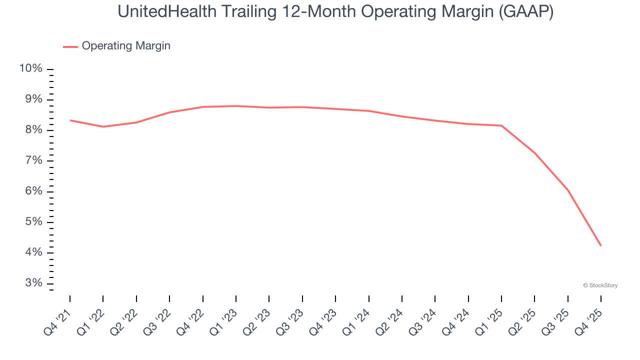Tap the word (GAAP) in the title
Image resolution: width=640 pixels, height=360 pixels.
(x=527, y=11)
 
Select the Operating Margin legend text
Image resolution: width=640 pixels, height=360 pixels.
(x=125, y=46)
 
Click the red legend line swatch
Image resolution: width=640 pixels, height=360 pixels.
(x=70, y=46)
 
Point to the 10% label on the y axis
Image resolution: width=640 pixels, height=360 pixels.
(x=30, y=68)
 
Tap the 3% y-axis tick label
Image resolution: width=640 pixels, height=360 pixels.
(x=32, y=283)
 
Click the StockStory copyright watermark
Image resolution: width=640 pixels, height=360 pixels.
(x=600, y=285)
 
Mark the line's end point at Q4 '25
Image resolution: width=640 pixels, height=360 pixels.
(x=600, y=245)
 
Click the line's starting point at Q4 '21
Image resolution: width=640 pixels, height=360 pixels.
(x=70, y=120)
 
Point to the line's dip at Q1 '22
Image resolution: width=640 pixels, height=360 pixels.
(x=103, y=126)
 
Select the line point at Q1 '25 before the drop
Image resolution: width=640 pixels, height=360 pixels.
(x=501, y=125)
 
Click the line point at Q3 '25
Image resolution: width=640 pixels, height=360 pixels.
(x=567, y=190)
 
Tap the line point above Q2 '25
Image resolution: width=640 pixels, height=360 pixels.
(x=534, y=153)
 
